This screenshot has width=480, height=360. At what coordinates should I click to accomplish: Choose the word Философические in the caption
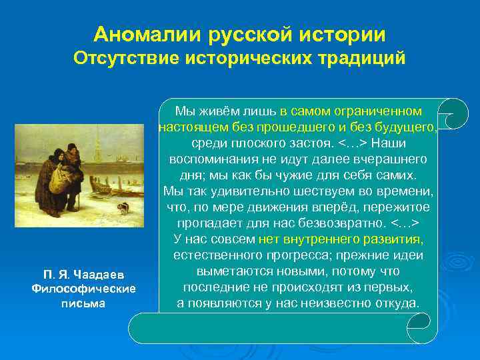pyautogui.click(x=84, y=289)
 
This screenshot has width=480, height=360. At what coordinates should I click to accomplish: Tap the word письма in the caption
pyautogui.click(x=84, y=303)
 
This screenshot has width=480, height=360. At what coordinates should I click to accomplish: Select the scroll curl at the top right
pyautogui.click(x=455, y=113)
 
